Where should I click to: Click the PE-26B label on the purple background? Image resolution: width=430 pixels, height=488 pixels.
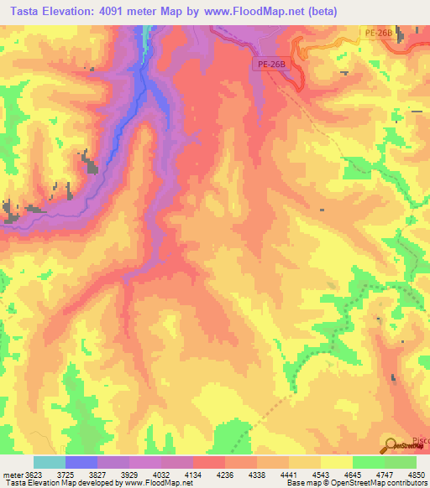point(272,65)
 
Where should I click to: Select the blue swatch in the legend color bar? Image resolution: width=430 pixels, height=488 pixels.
point(81,462)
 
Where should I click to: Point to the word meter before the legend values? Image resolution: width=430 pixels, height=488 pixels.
point(14,475)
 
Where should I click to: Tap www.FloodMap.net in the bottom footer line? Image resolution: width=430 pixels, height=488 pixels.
point(154,483)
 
